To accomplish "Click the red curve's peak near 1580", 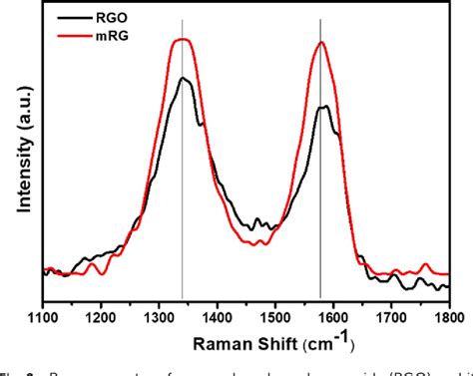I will tap(321, 43).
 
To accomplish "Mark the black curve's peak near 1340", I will tap(183, 78).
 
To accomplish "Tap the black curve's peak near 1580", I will tap(323, 107).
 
